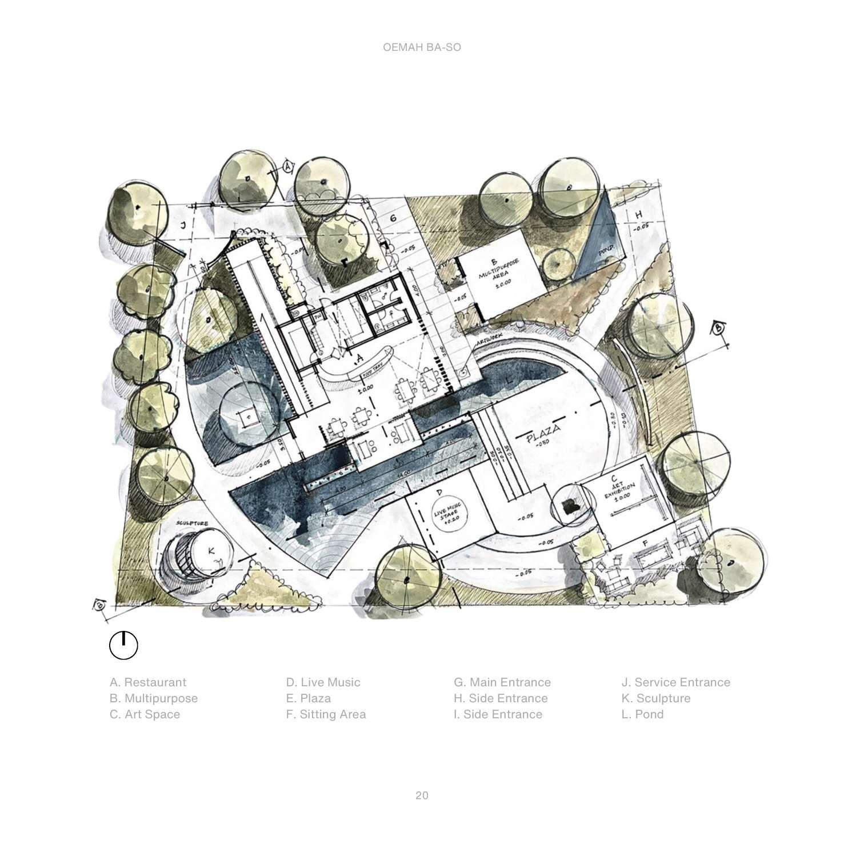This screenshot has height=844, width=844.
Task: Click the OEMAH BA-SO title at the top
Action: pyautogui.click(x=422, y=48)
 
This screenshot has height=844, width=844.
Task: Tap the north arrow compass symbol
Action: pyautogui.click(x=123, y=646)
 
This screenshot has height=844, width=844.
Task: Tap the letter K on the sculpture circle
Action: pyautogui.click(x=211, y=551)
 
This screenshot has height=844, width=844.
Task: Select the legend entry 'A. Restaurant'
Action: pyautogui.click(x=148, y=682)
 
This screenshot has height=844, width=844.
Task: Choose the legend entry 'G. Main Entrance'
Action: pyautogui.click(x=502, y=682)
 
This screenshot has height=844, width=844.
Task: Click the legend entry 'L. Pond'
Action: pyautogui.click(x=642, y=714)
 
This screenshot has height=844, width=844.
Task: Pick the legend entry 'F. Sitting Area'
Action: pyautogui.click(x=326, y=714)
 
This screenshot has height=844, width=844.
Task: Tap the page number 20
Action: pyautogui.click(x=422, y=795)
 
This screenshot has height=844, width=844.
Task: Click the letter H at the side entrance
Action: pyautogui.click(x=638, y=214)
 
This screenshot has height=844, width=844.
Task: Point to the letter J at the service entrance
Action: pyautogui.click(x=183, y=225)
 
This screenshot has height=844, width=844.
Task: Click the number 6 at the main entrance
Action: pyautogui.click(x=393, y=218)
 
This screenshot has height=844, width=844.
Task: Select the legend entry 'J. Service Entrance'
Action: pyautogui.click(x=676, y=682)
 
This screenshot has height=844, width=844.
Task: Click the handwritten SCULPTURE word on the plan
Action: pyautogui.click(x=191, y=523)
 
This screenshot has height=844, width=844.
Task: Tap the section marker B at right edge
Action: pyautogui.click(x=718, y=328)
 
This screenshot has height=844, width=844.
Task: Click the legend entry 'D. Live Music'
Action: pyautogui.click(x=323, y=682)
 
